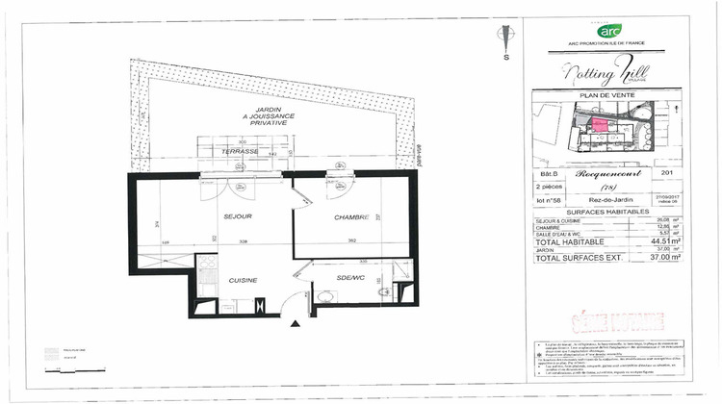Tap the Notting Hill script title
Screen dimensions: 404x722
coord(606,71)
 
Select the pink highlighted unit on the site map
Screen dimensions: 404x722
coord(598,122)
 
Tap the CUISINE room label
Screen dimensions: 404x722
coord(242,280)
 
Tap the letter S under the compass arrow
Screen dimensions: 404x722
coord(505,59)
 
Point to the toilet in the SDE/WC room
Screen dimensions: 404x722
coord(383,291)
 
